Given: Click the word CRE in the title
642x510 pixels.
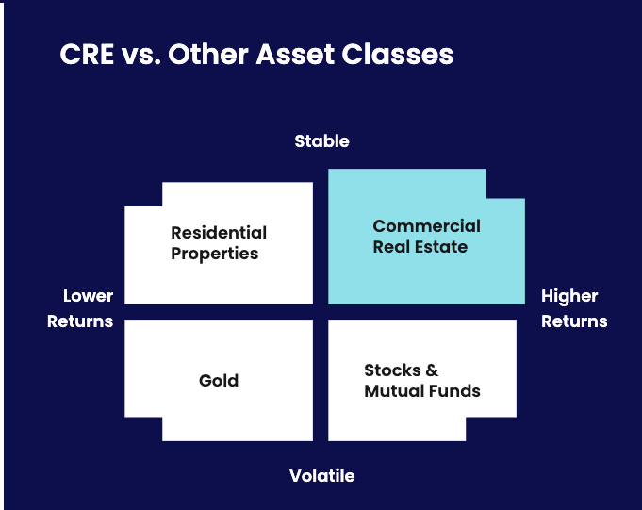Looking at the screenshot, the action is pos(87,54).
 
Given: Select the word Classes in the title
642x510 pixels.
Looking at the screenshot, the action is pos(398,54).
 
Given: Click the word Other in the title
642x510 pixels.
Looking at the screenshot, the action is pos(208,54).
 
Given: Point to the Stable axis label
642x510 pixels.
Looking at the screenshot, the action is pos(321,141).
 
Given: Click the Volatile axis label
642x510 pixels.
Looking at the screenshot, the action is pos(321,476).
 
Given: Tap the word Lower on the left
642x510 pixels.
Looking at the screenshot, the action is pos(88,296).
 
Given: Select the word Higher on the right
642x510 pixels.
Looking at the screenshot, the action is pos(569,297).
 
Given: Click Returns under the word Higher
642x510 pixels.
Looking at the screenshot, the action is pos(574,321).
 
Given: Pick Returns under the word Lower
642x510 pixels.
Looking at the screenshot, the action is pos(80,321).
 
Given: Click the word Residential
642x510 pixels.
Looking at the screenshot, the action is pos(219,233).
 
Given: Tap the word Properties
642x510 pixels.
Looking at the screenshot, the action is pos(215,254).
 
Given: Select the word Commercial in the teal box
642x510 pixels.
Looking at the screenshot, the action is pos(427,226).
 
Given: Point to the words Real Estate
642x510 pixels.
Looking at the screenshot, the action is pos(420,247).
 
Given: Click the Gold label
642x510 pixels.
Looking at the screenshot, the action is pos(219,381).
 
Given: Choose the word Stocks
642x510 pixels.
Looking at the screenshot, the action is pos(392,370).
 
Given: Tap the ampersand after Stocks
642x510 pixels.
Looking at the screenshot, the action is pos(432,370).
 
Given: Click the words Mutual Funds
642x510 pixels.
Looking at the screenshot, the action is pos(422,391).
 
